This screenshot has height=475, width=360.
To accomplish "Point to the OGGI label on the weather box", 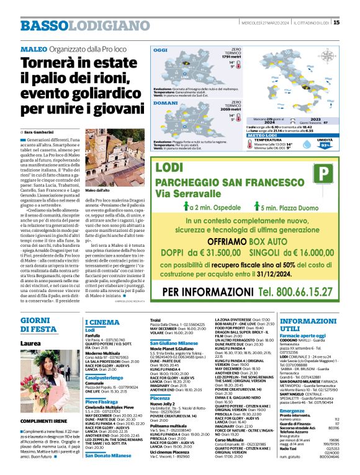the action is pyautogui.click(x=161, y=49).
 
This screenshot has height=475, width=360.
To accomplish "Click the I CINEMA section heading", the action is pyautogui.click(x=102, y=322).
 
